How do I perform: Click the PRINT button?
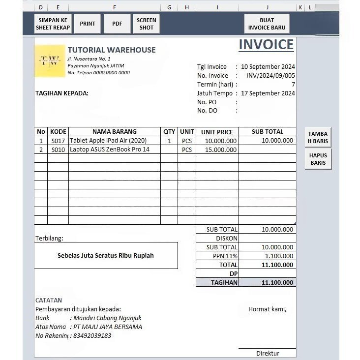88,24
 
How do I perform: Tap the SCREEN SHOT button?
146,24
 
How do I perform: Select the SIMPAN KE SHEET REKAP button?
53,24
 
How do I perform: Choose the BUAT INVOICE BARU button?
267,24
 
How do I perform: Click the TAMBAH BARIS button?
318,137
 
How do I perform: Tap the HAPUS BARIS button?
318,159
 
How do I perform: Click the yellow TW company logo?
50,61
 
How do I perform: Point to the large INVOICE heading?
266,45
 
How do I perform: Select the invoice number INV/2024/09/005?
271,76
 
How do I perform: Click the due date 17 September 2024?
268,93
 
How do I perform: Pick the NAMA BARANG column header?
115,132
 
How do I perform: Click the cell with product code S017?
58,141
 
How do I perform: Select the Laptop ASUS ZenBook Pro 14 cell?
110,150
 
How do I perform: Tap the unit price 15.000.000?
221,150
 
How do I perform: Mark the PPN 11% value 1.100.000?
279,256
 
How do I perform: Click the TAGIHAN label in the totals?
224,283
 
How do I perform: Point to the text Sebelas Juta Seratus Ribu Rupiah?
106,256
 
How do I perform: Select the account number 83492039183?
92,336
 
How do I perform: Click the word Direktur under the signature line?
268,354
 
